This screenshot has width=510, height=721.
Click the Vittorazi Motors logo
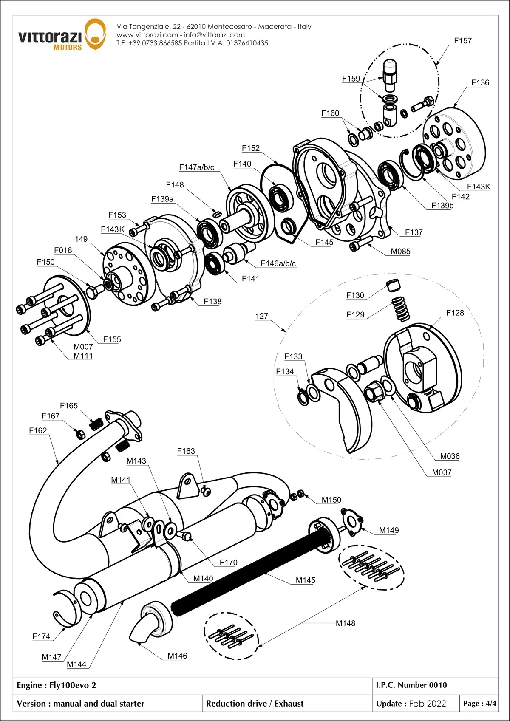coord(62,35)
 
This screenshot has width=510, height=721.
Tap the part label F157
coord(462,41)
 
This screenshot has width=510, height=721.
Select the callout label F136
coord(480,83)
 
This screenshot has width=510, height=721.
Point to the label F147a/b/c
coord(196,167)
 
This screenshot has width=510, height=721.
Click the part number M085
coord(400,252)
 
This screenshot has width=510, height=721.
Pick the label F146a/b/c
coord(278,264)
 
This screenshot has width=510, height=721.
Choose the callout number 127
coord(262,316)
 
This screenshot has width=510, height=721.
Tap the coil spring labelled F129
coord(400,309)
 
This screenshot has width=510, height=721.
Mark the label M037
coord(442,472)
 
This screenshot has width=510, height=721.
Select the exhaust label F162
coord(38,430)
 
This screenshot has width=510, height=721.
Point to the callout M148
coord(345,623)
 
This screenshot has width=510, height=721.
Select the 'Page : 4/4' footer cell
coord(479,704)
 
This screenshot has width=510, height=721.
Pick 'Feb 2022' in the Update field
coord(427,704)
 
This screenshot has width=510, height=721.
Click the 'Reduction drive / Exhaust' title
coord(255,704)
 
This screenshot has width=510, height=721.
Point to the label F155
coord(112,339)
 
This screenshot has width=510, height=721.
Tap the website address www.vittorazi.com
coord(147,35)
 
